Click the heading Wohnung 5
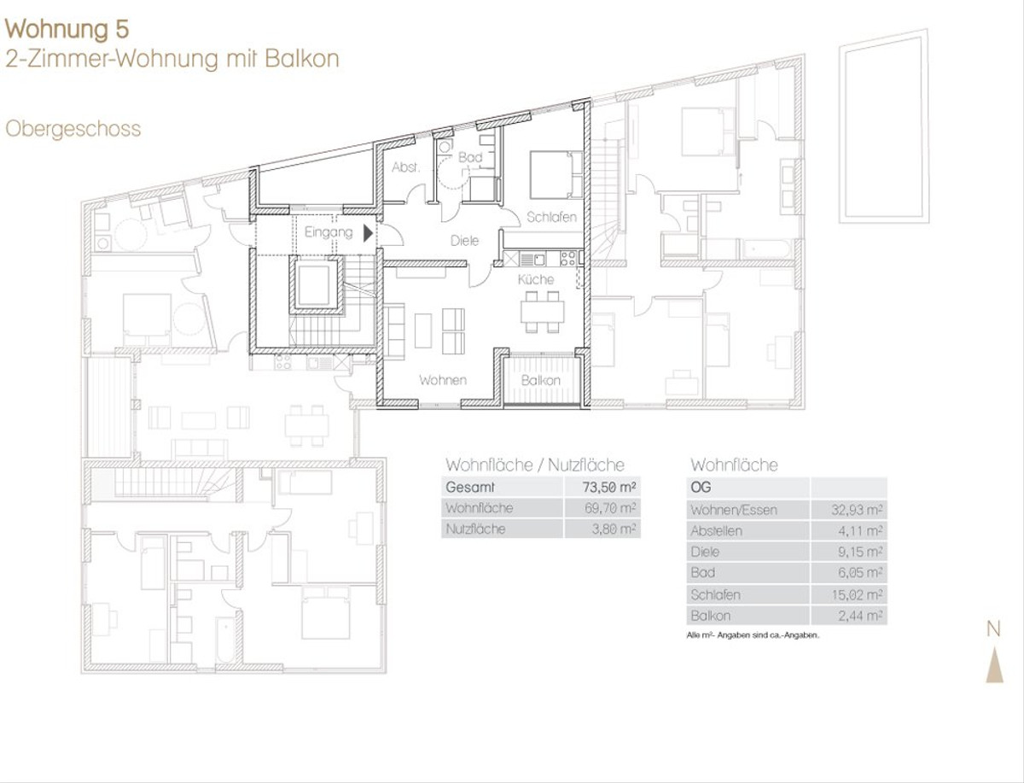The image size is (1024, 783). pos(67,29)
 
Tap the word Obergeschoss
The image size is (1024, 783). pos(73,129)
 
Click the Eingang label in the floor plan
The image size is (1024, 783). pos(329,232)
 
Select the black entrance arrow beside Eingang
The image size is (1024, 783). pos(368,233)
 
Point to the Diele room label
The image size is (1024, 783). pos(464,241)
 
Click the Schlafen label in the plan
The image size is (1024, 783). pos(551,217)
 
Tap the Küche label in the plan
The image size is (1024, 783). pos(536,279)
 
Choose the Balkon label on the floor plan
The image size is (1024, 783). pos(541,380)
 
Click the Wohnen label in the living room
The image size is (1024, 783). pos(443,380)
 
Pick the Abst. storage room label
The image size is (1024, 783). pos(406,167)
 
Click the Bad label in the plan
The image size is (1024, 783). pos(470,157)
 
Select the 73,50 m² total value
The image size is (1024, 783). pos(608,488)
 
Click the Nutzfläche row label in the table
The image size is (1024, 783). pos(475,529)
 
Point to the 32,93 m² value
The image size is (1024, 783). pos(857,510)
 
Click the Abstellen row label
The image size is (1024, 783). pos(716,530)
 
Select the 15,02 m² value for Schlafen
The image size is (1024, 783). pos(857,595)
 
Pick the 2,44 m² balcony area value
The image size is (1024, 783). pos(860,616)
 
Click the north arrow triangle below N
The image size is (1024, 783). pos(994,666)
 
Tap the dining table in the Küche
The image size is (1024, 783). pos(542,312)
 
